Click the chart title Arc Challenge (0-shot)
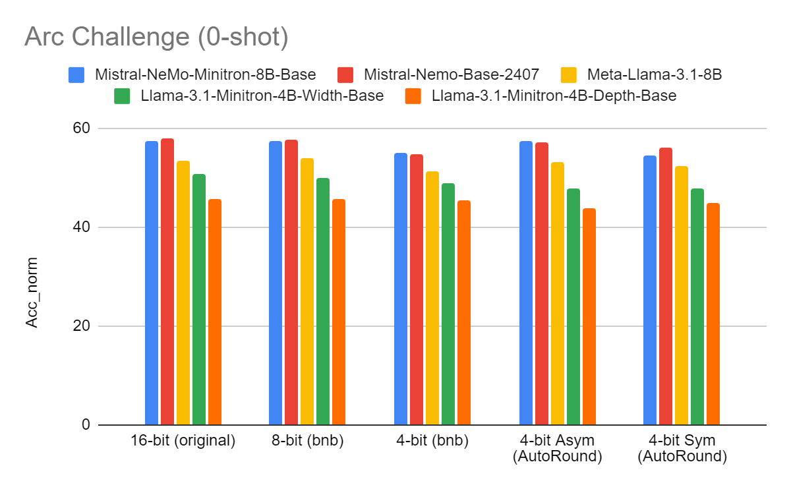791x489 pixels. point(156,38)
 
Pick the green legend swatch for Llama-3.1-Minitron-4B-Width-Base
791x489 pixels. point(122,96)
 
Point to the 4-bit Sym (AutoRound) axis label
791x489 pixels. point(682,449)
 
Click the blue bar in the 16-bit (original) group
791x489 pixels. point(152,283)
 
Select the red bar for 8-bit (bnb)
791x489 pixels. point(291,283)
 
